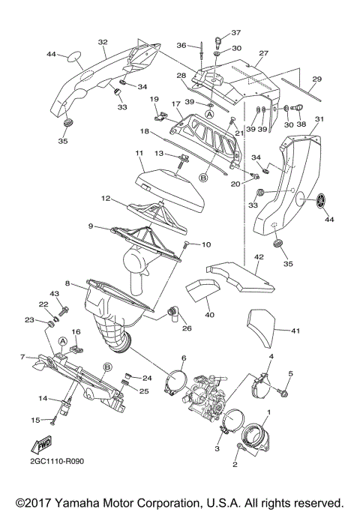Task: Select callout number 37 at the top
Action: click(235, 33)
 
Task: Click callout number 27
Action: click(263, 53)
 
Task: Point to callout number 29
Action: click(316, 79)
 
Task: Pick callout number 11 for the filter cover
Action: click(139, 154)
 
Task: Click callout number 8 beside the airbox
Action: click(67, 284)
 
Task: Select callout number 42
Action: click(259, 257)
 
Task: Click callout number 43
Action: click(54, 293)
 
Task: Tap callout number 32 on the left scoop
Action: click(103, 43)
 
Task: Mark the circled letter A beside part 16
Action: click(64, 340)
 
